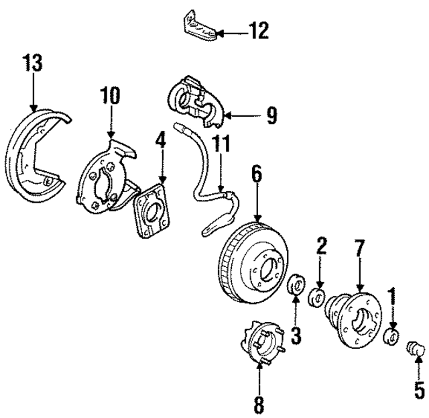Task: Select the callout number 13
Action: click(x=32, y=64)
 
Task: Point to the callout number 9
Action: click(x=271, y=116)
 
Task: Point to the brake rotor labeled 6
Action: click(x=255, y=262)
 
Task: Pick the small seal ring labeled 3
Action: click(x=295, y=285)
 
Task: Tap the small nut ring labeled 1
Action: click(x=393, y=335)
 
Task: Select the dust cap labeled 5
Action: click(x=416, y=349)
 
